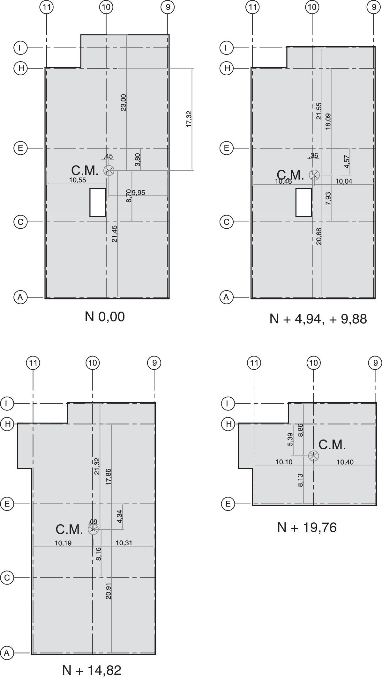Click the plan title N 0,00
coord(105,317)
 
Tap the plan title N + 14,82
coord(92,670)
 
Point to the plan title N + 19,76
coord(307,527)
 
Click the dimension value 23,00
coord(124,102)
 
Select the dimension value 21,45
coord(115,234)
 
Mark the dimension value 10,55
coord(78,180)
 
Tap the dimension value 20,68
coord(319,236)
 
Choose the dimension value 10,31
coord(123,543)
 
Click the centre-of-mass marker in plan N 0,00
coord(109,171)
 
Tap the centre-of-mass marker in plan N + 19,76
coord(313,456)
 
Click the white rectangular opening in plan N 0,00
coord(98,203)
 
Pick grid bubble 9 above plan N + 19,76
coord(375,363)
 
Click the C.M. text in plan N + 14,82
coord(69,529)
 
